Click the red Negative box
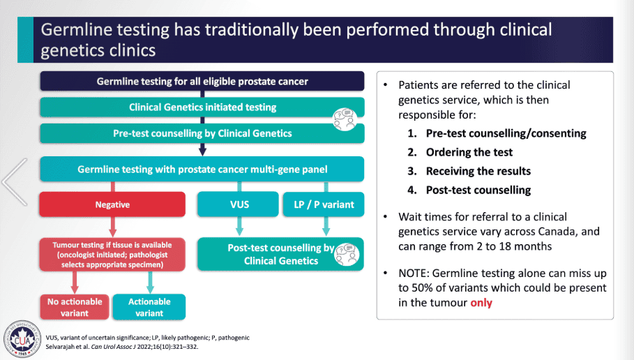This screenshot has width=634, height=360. [x=112, y=205]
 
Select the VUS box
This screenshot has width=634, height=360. [x=239, y=204]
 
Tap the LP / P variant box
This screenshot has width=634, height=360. [x=324, y=204]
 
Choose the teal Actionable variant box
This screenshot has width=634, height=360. [x=149, y=307]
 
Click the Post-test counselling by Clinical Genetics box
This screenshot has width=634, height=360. [x=280, y=254]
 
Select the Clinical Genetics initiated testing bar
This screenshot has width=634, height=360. [x=202, y=107]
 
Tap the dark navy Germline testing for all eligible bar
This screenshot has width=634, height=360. [x=202, y=82]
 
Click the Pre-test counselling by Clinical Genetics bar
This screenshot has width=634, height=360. [x=202, y=133]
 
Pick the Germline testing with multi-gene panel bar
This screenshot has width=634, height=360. [x=202, y=169]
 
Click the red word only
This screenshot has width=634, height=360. [x=481, y=303]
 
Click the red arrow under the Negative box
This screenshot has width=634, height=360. [x=112, y=227]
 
